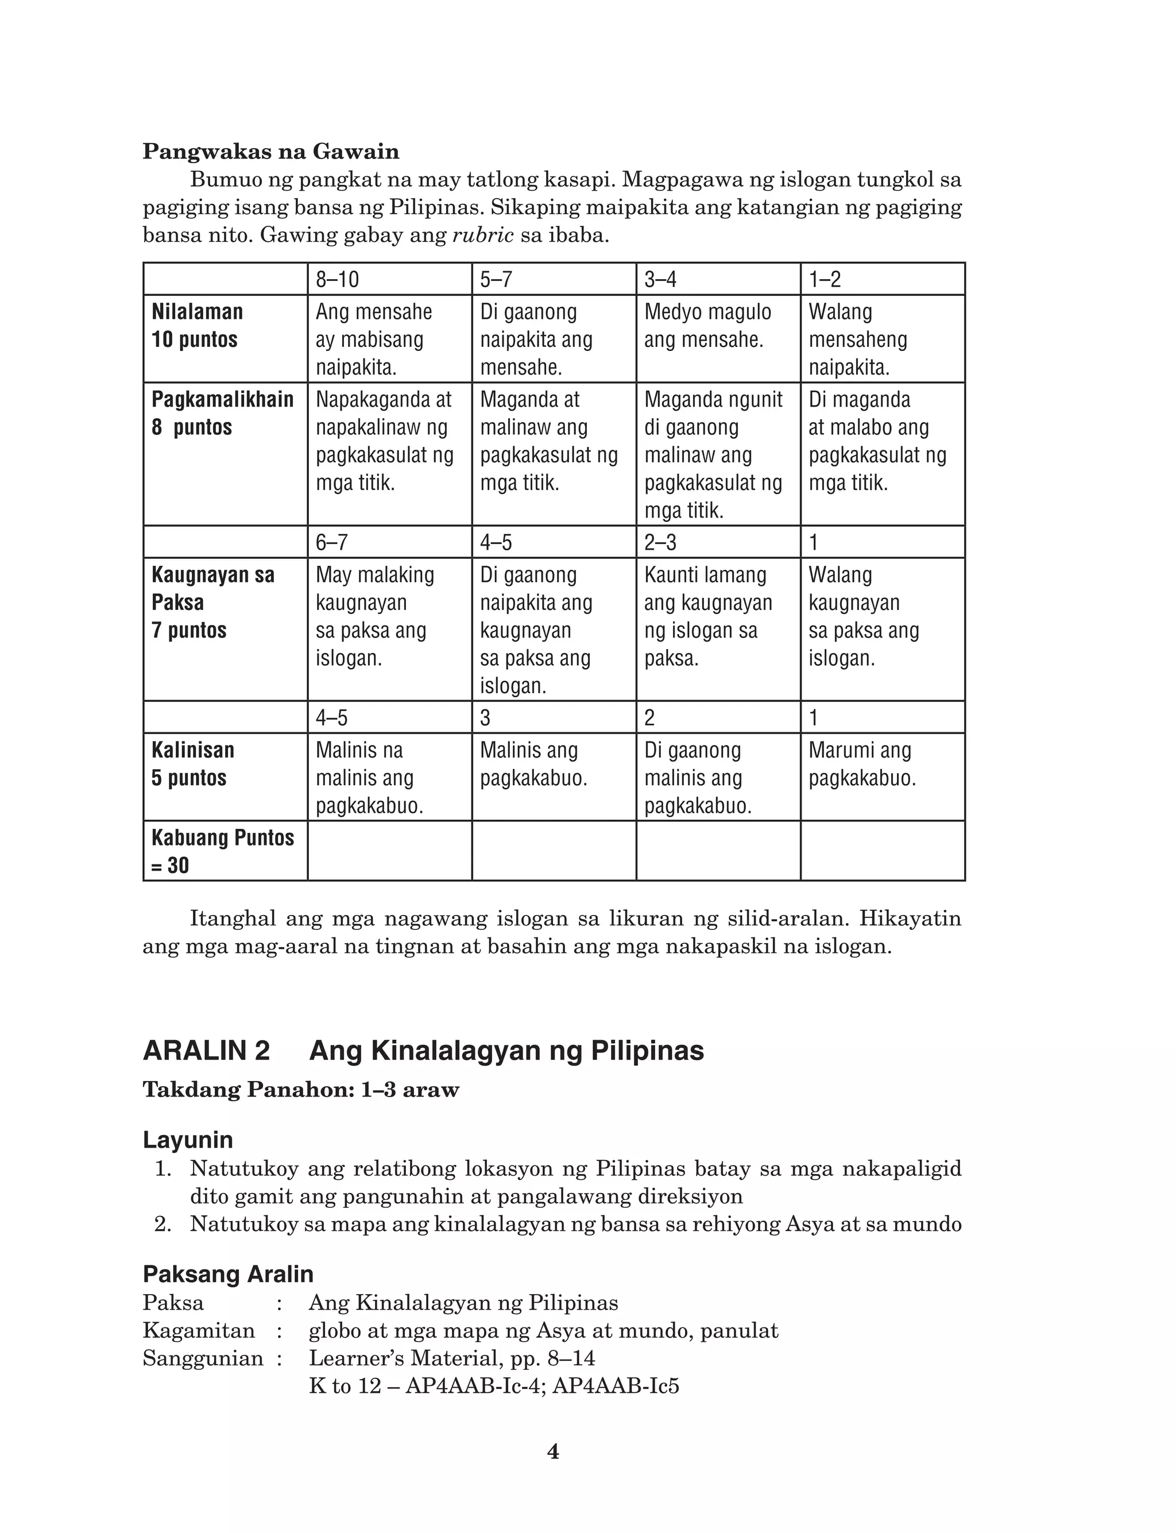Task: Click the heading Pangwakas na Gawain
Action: (271, 151)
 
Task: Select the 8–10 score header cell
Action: (389, 279)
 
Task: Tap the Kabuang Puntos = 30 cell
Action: (225, 851)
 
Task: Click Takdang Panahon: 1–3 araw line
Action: (301, 1090)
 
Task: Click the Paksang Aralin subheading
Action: (228, 1273)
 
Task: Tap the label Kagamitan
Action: (199, 1330)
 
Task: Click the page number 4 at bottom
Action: (553, 1453)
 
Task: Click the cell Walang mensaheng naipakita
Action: (882, 339)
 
